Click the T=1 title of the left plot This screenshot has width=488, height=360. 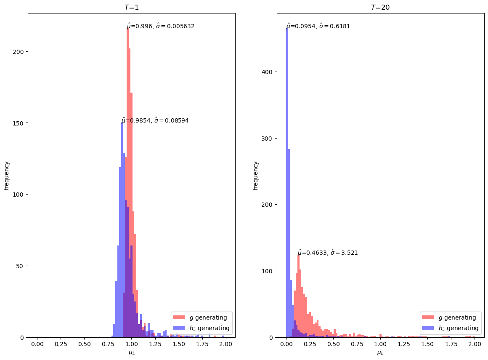point(131,7)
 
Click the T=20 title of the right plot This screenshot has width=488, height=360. point(380,7)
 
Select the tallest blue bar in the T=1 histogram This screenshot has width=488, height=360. point(122,229)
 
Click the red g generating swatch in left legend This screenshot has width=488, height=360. point(179,317)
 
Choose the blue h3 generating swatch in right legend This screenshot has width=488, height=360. point(428,328)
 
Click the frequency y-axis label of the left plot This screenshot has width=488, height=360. point(7,175)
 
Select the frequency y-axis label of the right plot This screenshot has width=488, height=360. point(256,175)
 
